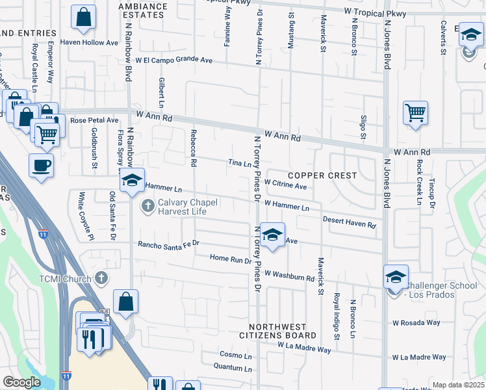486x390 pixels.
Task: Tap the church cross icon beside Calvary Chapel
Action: click(x=147, y=207)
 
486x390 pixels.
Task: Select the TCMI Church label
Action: click(x=71, y=278)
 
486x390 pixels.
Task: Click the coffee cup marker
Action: click(x=41, y=165)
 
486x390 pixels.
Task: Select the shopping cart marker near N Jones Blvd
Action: click(x=415, y=113)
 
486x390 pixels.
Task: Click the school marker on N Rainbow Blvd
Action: click(x=132, y=181)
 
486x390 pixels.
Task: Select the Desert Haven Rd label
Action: click(x=350, y=222)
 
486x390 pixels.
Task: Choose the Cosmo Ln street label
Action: click(x=235, y=356)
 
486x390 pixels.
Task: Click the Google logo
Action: click(x=22, y=382)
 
